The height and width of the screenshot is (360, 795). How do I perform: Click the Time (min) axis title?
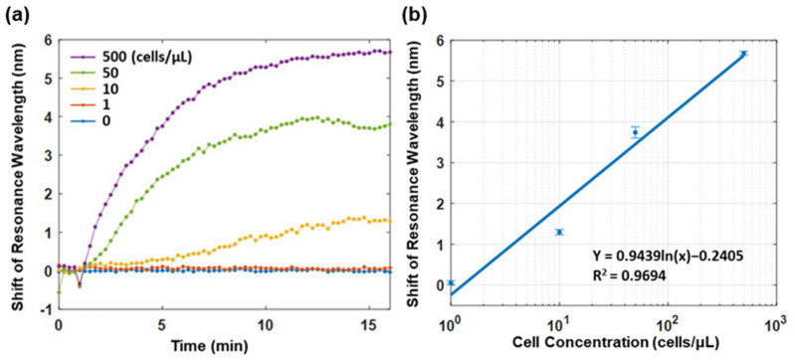[x=210, y=345]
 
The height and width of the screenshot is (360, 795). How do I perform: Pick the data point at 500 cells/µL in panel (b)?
[x=743, y=54]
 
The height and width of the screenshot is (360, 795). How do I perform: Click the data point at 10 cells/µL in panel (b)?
[x=559, y=232]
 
